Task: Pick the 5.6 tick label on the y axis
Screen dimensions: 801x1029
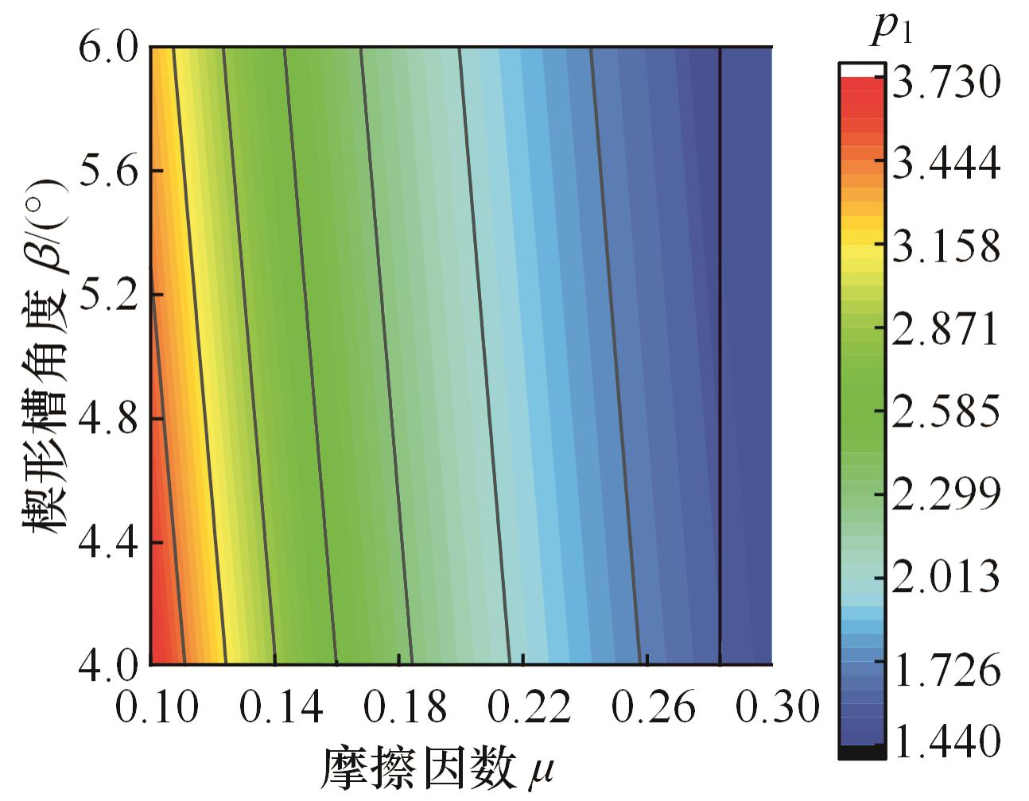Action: pyautogui.click(x=110, y=171)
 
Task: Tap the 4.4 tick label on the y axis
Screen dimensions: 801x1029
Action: pyautogui.click(x=110, y=543)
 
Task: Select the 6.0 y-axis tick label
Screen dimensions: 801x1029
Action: pyautogui.click(x=110, y=48)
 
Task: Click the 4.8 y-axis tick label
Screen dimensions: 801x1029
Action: pyautogui.click(x=110, y=419)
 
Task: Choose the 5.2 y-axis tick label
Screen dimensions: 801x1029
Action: pyautogui.click(x=110, y=295)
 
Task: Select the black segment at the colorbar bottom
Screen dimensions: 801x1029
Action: pyautogui.click(x=861, y=752)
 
